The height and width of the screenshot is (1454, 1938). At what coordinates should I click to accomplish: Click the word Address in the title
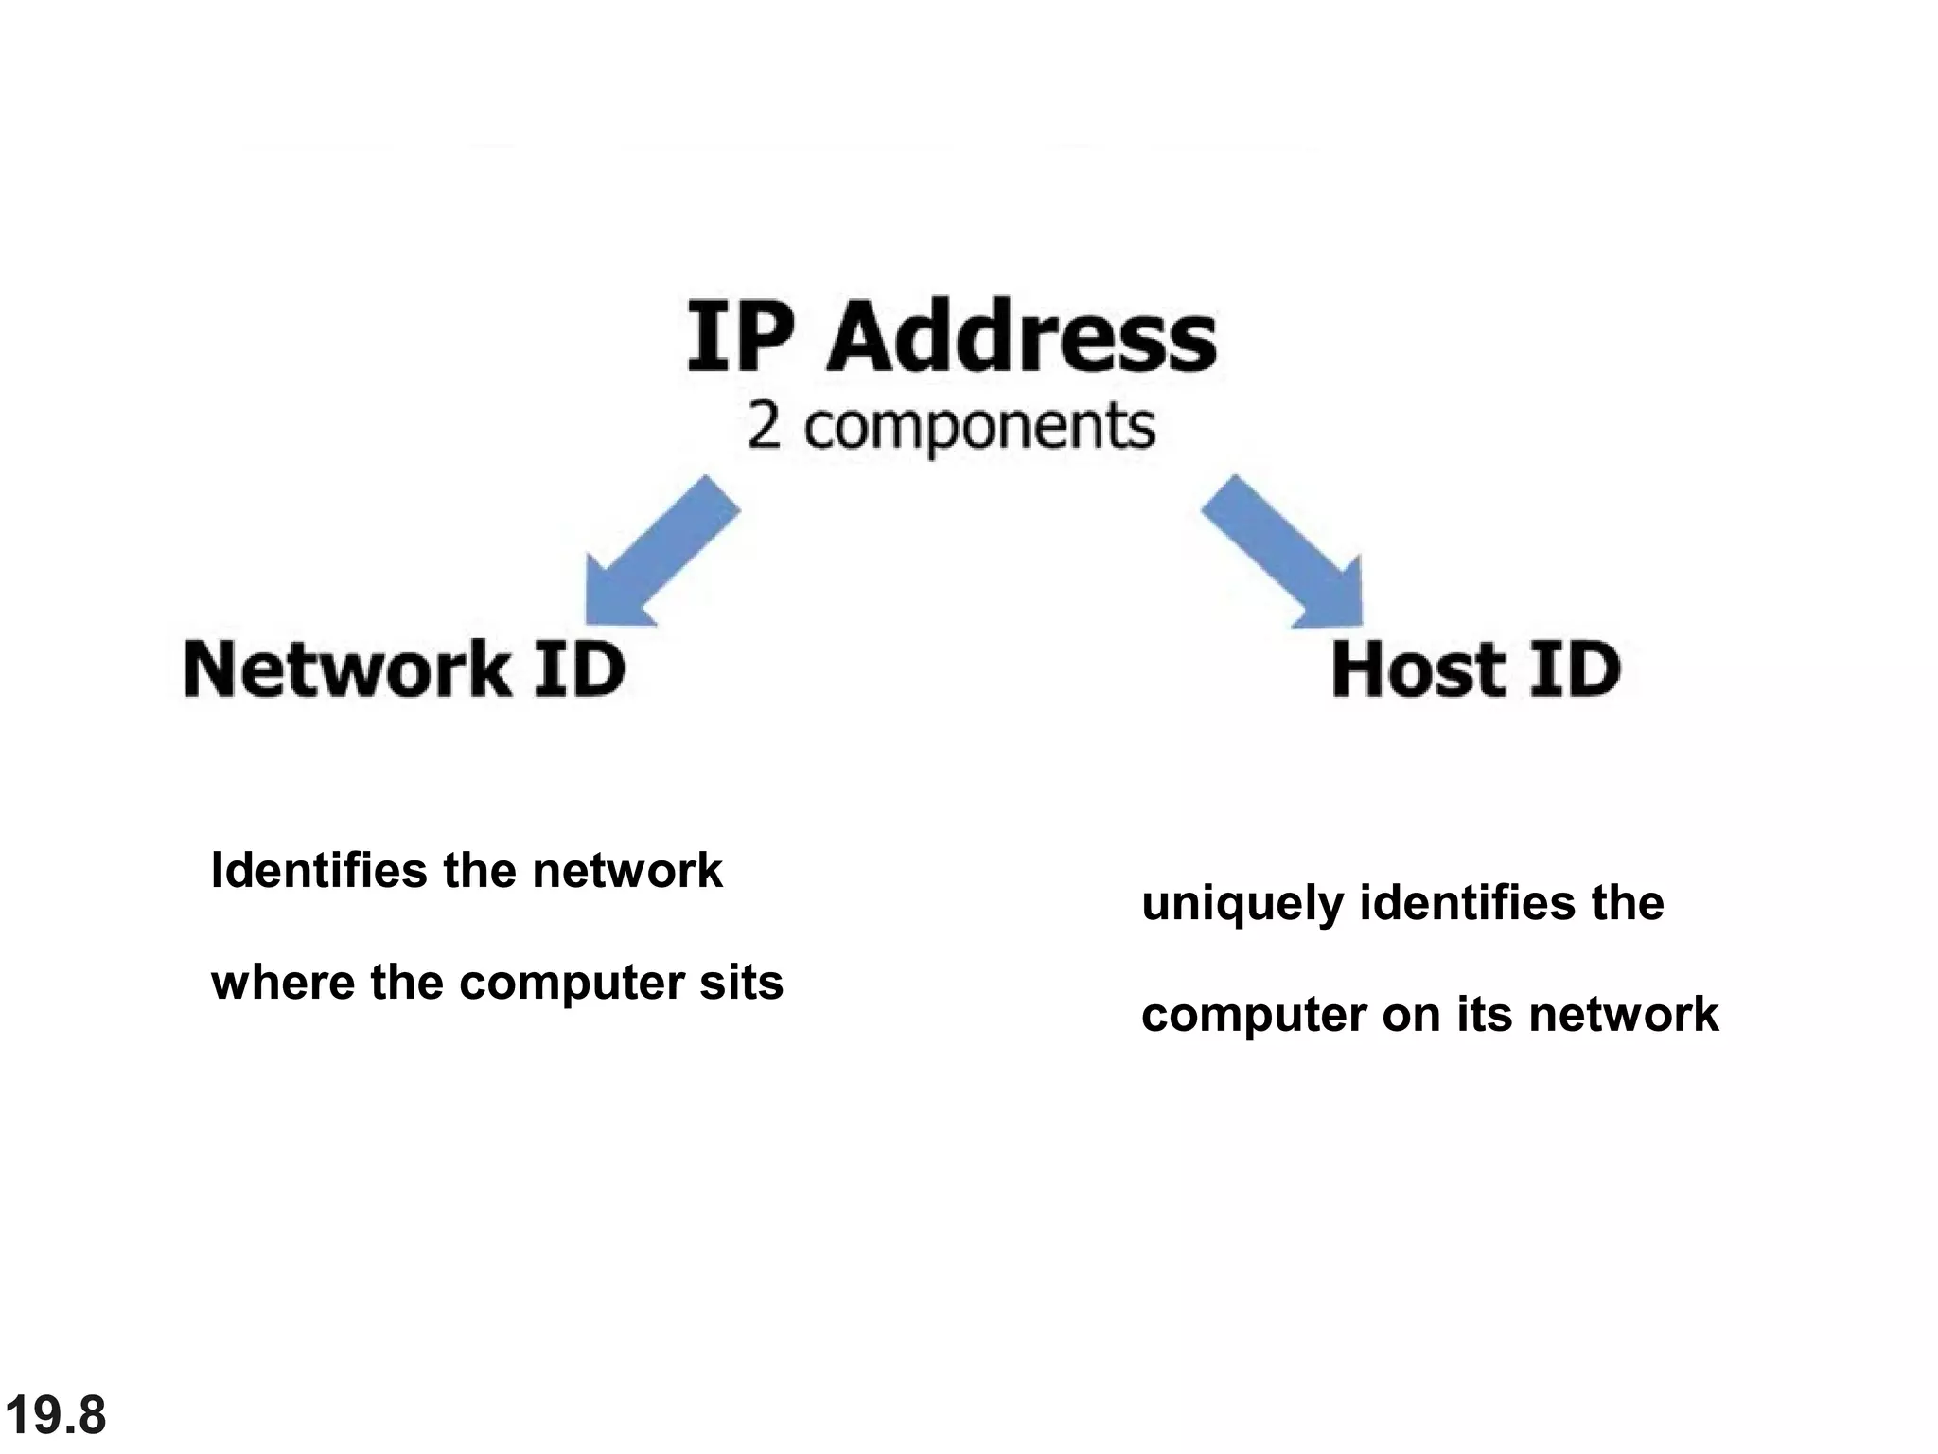pos(1022,338)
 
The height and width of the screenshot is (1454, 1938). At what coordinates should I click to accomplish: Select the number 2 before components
pos(765,428)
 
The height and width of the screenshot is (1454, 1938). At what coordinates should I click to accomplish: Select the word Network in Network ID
pos(345,668)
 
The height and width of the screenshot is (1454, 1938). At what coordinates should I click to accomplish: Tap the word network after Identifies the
pos(626,870)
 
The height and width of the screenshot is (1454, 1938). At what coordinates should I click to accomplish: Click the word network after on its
pos(1623,1014)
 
